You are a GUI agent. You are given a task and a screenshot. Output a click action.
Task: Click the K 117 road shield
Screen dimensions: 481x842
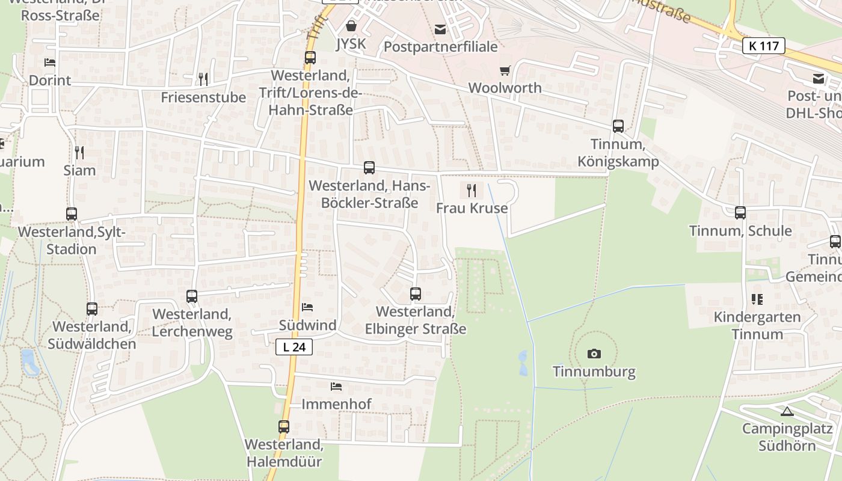pos(764,46)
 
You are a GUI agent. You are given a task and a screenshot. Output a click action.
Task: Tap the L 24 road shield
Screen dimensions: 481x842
pos(295,347)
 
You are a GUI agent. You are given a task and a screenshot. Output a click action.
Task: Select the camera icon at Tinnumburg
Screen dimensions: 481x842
pos(594,354)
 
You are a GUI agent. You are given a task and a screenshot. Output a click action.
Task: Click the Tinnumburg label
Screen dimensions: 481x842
pos(594,371)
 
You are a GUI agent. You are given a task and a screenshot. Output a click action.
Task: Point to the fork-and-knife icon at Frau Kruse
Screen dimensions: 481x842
pos(472,191)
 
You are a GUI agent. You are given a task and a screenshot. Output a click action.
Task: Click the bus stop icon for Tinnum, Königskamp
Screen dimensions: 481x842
pos(618,126)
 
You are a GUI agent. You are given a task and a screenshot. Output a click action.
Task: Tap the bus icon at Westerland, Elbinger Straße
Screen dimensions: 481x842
pos(416,294)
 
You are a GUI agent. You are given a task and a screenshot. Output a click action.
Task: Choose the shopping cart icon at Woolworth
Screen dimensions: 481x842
pos(505,70)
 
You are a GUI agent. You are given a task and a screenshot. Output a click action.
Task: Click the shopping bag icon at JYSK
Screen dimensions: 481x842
pos(351,26)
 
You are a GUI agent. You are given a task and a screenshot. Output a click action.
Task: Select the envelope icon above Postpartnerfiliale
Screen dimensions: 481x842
pos(441,29)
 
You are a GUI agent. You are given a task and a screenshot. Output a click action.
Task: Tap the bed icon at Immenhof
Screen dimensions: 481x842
pos(336,386)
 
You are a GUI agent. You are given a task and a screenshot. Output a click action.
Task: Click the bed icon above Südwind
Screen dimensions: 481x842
pos(307,307)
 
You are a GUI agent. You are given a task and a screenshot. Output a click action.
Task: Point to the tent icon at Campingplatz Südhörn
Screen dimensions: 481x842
pos(787,412)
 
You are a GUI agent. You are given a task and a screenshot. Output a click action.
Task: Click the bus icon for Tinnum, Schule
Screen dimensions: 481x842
pos(740,213)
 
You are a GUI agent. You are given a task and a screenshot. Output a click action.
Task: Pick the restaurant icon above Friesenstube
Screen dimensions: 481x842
pos(203,79)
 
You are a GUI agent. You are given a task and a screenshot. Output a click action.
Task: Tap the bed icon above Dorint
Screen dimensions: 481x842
pos(50,63)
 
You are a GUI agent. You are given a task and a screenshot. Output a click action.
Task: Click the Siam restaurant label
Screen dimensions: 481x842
pos(80,170)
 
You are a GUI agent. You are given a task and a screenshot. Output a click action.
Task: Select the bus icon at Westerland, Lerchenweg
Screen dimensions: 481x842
pos(192,296)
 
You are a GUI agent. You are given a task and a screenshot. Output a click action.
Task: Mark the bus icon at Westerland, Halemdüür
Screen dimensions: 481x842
pos(284,427)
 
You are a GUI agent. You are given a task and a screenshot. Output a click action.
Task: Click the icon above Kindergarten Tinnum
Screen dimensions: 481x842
pos(757,299)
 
